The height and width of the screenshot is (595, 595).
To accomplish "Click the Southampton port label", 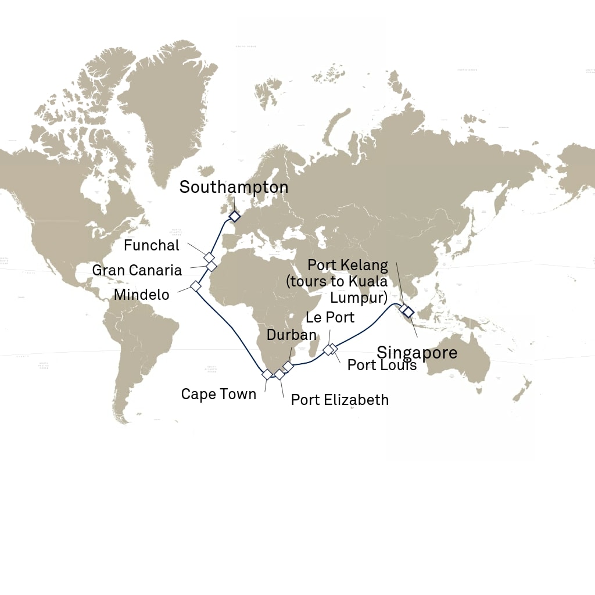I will [234, 187].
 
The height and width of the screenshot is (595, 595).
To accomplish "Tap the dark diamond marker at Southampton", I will [234, 216].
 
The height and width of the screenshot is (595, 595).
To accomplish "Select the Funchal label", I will [152, 245].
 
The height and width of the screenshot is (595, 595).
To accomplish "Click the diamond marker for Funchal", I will [209, 257].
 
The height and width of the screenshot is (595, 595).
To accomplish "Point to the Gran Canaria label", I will [137, 270].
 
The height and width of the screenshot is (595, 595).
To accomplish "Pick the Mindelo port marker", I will [196, 286].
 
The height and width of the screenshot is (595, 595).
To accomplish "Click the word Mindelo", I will [142, 295].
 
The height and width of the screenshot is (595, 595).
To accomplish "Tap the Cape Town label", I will [218, 394].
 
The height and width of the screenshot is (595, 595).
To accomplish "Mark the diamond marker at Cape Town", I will [267, 374].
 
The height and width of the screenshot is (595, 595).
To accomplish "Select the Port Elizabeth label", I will [340, 400].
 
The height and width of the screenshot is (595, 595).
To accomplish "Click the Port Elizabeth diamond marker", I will [279, 374].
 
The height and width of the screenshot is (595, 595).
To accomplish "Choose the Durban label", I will [292, 335].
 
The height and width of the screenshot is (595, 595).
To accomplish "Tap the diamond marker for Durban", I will [288, 367].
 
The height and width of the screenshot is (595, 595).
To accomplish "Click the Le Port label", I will [330, 318].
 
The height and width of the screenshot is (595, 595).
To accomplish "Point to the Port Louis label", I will [382, 365].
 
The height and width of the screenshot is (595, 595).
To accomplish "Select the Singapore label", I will [417, 352].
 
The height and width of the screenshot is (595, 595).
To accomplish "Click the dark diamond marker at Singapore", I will [408, 312].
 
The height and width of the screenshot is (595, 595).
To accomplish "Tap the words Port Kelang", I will [347, 266].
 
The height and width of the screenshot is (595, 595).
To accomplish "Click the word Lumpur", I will [359, 299].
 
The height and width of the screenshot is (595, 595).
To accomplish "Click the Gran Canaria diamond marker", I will [212, 266].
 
